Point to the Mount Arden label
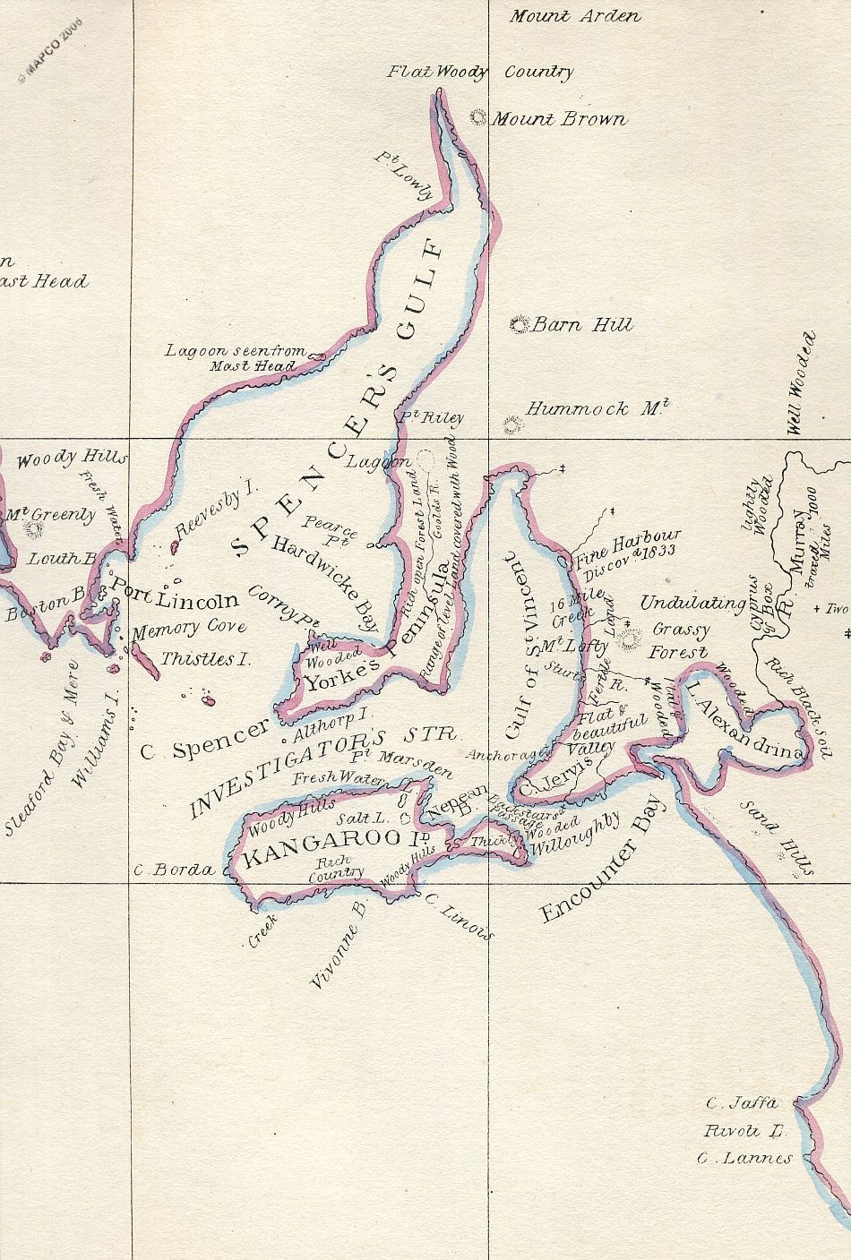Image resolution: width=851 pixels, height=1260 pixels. point(575,16)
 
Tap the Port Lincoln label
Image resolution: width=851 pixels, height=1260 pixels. point(174,599)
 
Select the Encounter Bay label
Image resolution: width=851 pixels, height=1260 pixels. point(601,860)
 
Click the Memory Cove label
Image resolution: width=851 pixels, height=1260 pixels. point(176,630)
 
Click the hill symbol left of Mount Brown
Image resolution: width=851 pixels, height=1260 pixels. point(479,117)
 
